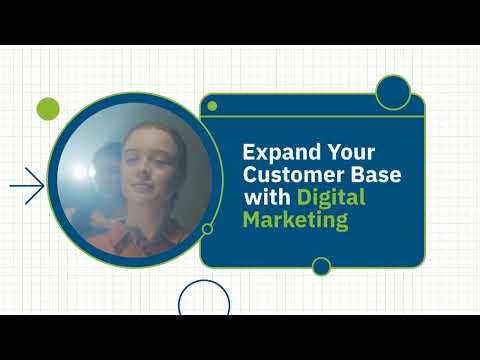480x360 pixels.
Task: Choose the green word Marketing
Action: (x=297, y=220)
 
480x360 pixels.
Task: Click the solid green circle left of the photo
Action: (x=48, y=109)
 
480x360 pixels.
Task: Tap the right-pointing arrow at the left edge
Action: (x=27, y=185)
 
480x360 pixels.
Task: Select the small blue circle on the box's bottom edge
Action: (x=321, y=266)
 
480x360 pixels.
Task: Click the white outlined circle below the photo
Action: (x=204, y=300)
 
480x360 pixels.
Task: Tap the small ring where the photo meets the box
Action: (x=207, y=228)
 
